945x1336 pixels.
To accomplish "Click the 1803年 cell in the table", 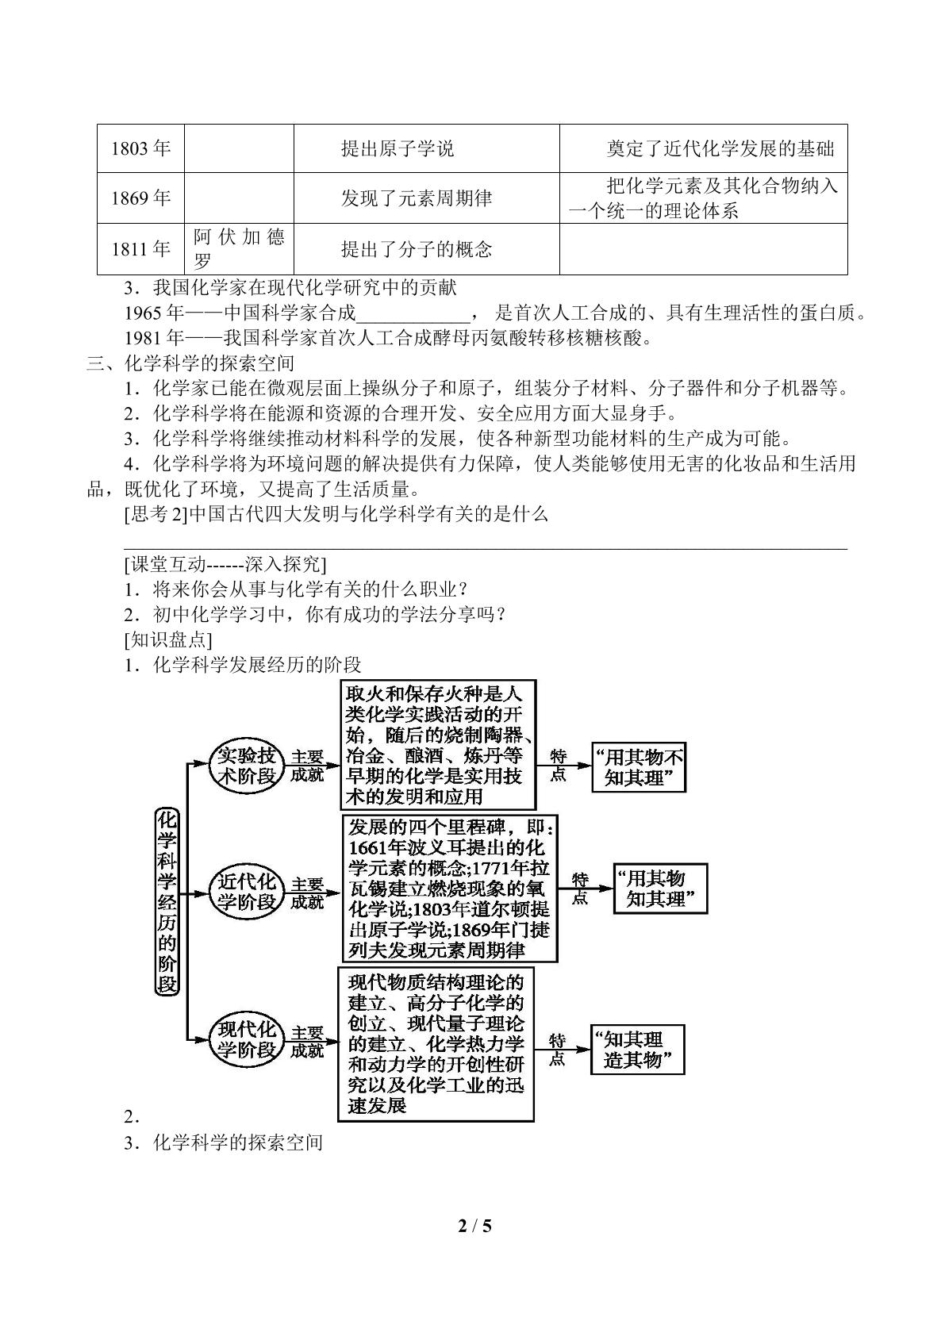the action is tap(140, 148).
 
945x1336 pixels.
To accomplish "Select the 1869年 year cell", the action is tap(140, 198).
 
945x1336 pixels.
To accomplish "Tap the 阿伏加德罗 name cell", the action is tap(239, 248).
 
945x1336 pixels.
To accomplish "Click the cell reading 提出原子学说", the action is tap(427, 148).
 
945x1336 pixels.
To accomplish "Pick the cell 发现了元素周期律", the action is tap(427, 198).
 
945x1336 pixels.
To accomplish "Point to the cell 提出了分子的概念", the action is tap(427, 248).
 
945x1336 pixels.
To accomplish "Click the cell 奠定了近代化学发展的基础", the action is tap(703, 148).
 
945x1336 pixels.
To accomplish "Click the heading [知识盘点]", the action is tap(167, 639).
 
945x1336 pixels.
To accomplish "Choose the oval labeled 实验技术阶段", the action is tap(246, 766).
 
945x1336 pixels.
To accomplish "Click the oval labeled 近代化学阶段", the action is tap(246, 893).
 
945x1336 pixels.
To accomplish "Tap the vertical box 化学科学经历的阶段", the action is tap(167, 901).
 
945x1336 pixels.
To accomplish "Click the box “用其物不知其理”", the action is tap(639, 767).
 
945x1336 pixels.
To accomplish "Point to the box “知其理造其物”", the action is tap(638, 1050).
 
